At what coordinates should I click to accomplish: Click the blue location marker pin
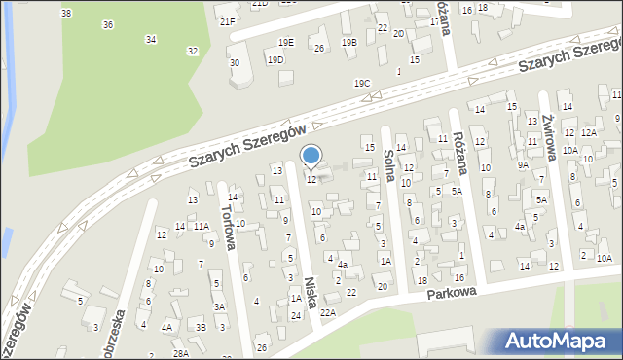pos(311,156)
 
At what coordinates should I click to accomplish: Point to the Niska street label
pos(310,288)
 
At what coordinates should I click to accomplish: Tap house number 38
pos(65,13)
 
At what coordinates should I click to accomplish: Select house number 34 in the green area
pos(150,39)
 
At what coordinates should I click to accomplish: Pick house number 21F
pos(227,21)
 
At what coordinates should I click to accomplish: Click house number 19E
pos(285,43)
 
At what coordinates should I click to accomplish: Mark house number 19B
pos(348,43)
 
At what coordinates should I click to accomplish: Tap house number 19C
pos(362,84)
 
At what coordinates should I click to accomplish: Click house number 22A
pos(328,312)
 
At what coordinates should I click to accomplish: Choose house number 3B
pos(201,327)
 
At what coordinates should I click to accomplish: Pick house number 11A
pos(201,226)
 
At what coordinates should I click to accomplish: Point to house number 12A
pos(588,132)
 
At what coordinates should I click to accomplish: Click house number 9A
pos(523,165)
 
